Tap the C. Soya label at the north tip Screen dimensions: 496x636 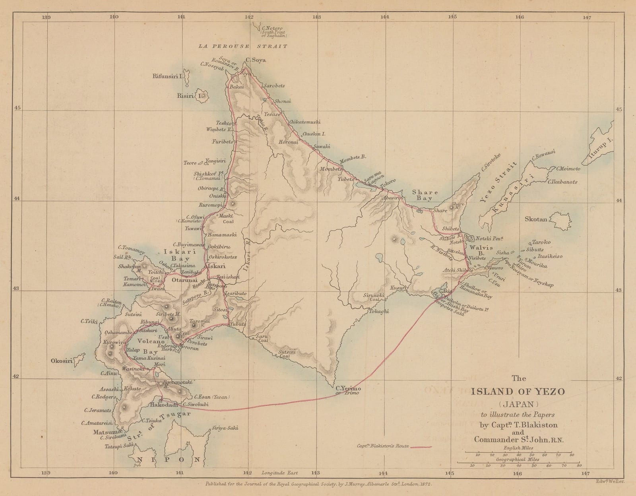(256, 60)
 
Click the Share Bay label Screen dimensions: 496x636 (425, 195)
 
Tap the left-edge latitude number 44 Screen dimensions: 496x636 (17, 200)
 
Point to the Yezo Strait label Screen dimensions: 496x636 (499, 183)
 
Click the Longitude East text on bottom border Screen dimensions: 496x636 (279, 473)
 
